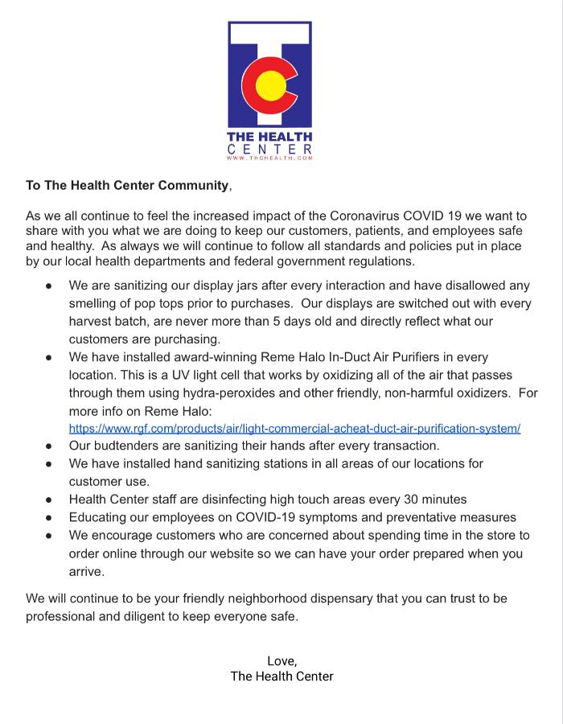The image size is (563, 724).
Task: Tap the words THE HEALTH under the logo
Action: (x=269, y=137)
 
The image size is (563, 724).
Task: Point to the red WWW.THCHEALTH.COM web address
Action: (x=269, y=158)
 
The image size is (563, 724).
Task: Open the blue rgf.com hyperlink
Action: (x=294, y=428)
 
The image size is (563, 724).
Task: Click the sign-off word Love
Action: (x=281, y=660)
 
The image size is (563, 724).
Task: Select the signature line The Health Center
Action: (x=281, y=677)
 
